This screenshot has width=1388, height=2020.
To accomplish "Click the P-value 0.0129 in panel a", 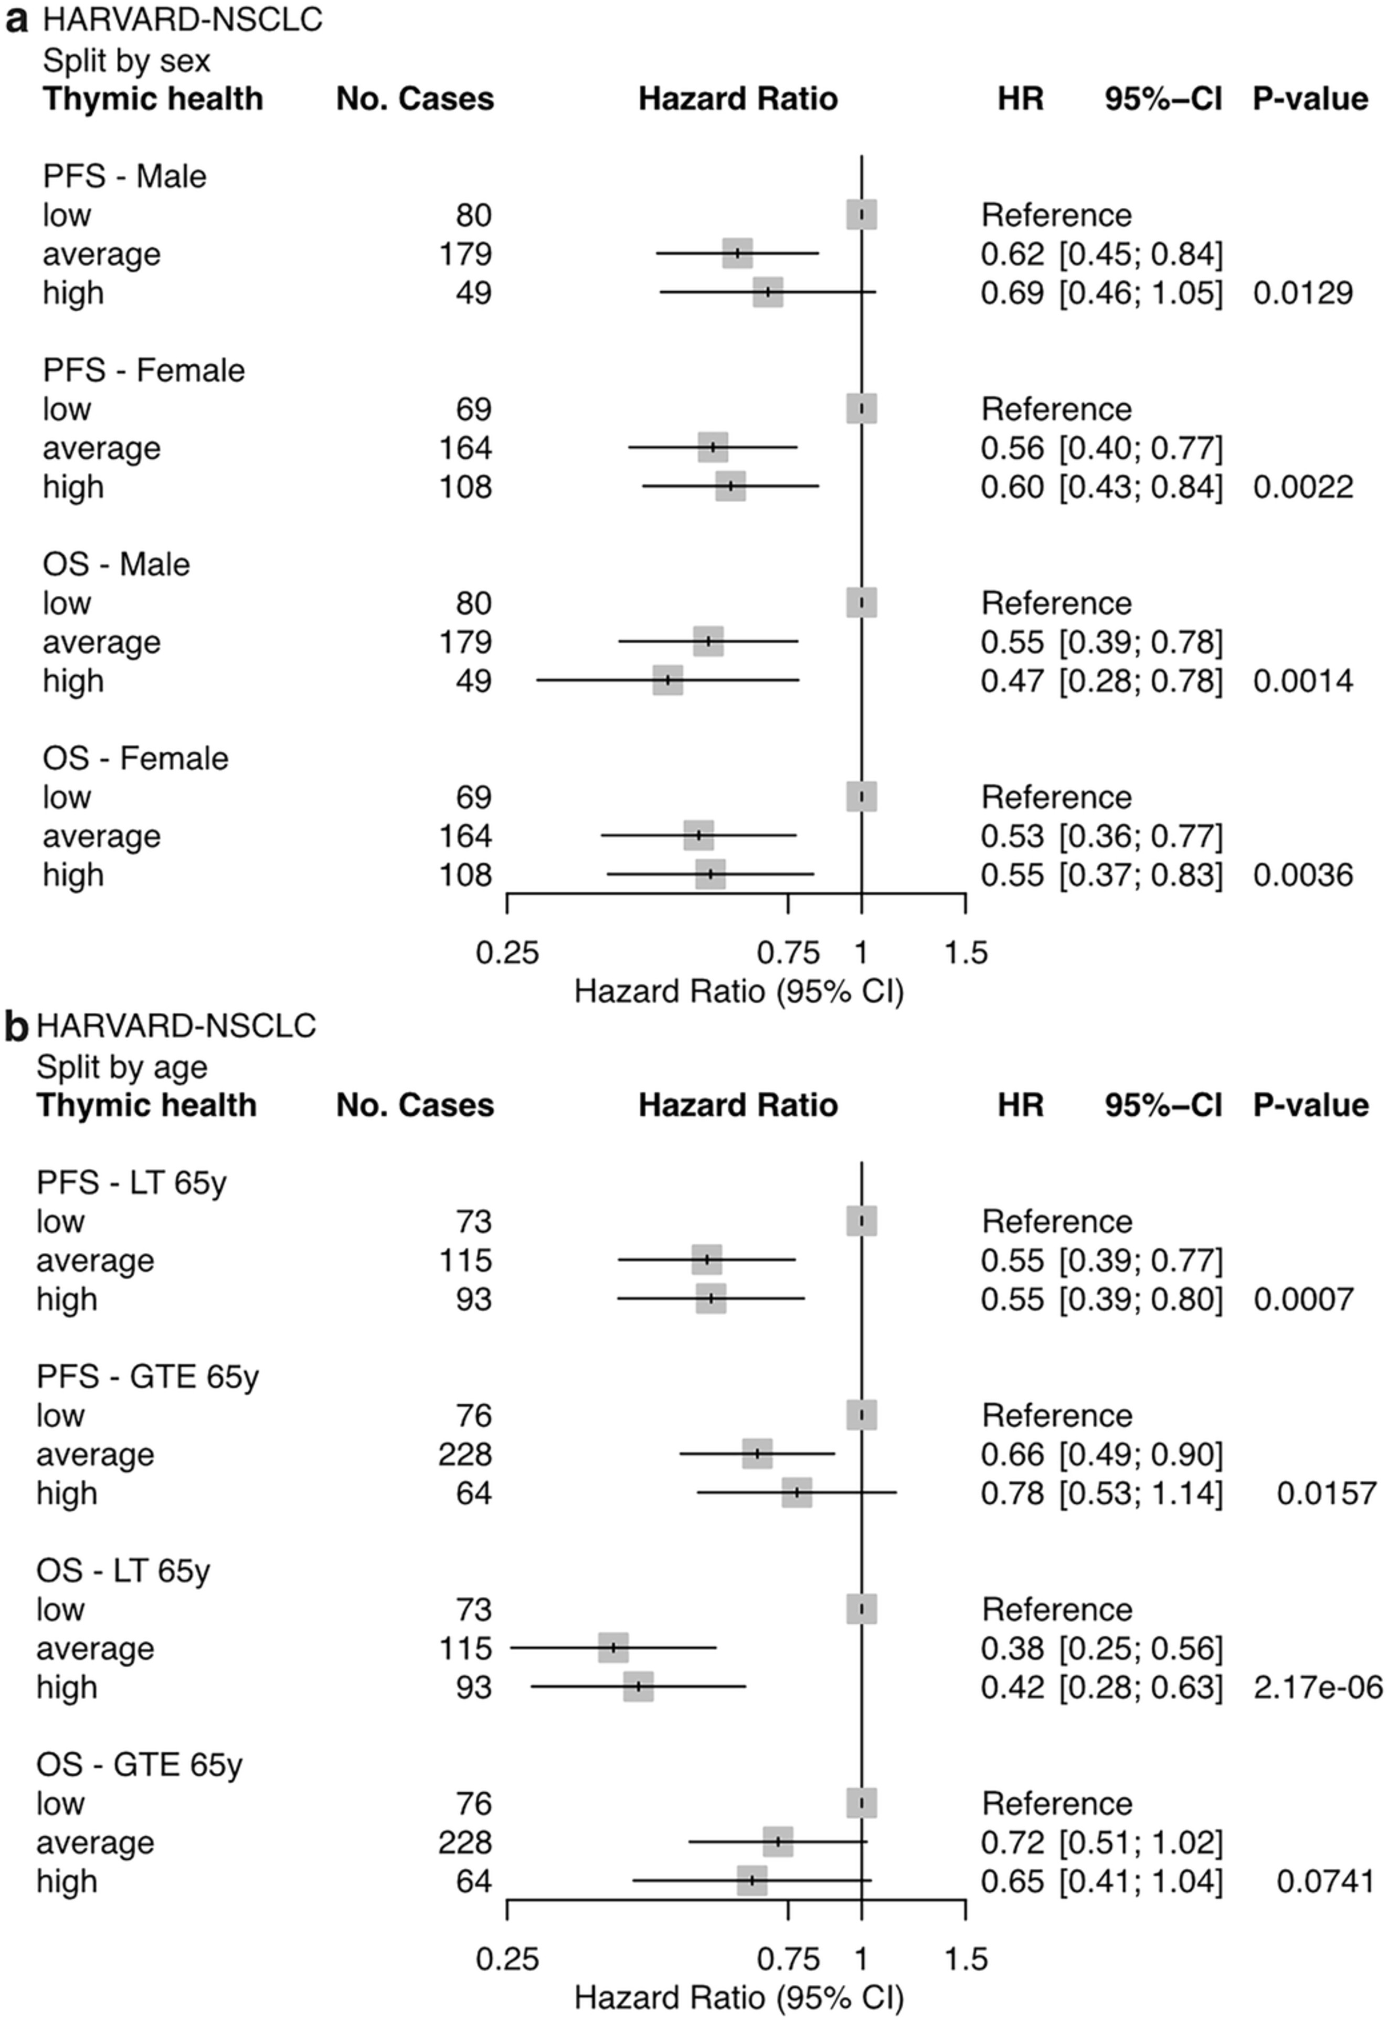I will click(1302, 293).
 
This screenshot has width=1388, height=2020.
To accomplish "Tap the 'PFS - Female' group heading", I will click(143, 371).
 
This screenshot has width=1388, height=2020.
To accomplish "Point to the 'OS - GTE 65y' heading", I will click(139, 1765).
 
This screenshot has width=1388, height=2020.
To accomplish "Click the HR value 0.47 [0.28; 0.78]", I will click(1101, 681).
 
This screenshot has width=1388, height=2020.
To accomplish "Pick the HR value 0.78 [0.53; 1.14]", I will click(1101, 1493).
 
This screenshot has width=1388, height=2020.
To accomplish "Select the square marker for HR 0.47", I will click(668, 680).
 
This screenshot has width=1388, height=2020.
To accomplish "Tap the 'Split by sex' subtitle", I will click(126, 61).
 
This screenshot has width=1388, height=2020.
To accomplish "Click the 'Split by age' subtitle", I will click(122, 1067).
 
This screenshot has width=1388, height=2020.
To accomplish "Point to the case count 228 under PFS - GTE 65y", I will click(465, 1454).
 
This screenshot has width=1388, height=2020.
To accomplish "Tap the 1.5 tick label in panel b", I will click(966, 1959).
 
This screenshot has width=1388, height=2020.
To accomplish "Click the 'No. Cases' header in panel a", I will click(415, 99).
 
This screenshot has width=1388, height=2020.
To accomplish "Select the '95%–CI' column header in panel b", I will click(1163, 1105).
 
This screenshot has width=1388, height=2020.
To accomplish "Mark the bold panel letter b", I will click(16, 1027).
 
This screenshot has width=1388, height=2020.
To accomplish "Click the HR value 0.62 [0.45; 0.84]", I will click(1101, 254).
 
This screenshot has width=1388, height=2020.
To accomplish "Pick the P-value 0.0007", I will click(1302, 1299).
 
